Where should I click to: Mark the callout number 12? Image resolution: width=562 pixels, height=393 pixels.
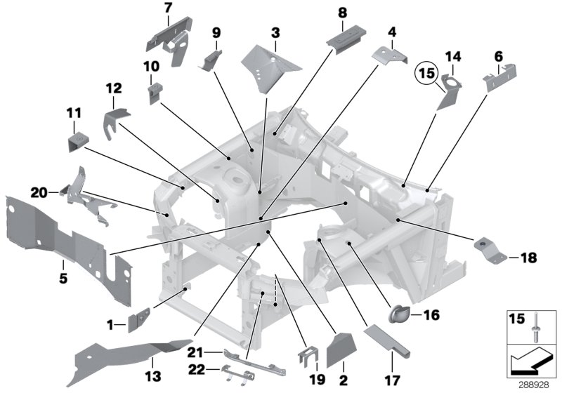point(114,88)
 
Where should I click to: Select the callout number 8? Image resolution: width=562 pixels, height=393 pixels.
point(342,13)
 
